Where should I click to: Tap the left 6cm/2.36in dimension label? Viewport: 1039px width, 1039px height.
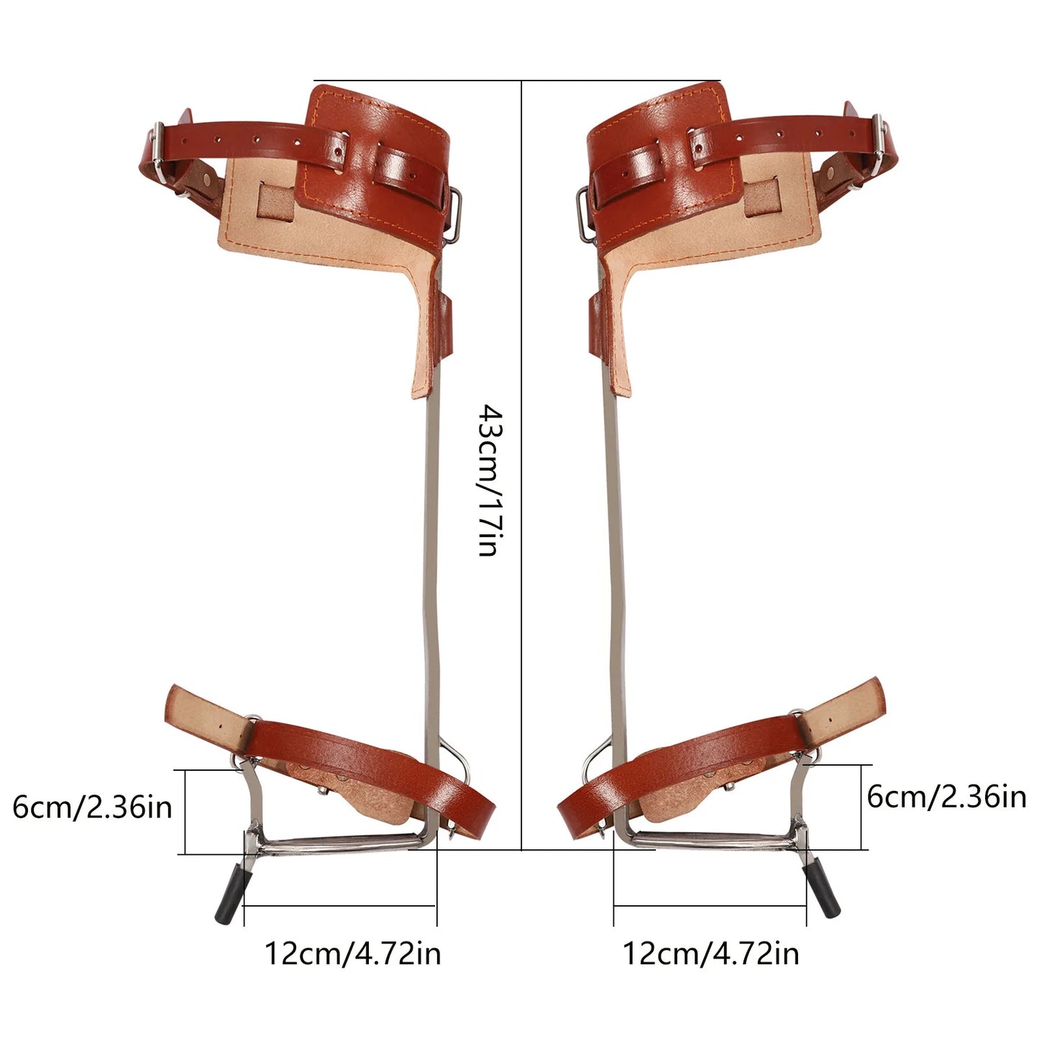93,807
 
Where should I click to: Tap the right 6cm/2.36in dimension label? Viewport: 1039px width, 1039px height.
946,797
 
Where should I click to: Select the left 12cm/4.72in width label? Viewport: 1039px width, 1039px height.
352,953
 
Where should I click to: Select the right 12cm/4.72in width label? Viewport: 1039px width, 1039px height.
710,953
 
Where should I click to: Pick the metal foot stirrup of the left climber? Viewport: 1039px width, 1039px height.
338,843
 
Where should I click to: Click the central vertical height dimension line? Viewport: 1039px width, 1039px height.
521,647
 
